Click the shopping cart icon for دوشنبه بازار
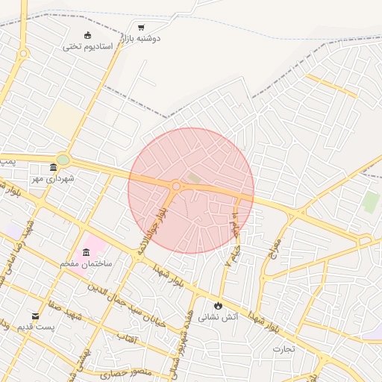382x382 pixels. point(141,28)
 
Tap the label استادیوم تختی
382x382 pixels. point(88,46)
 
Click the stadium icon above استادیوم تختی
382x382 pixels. point(88,35)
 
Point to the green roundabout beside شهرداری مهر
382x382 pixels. point(63,159)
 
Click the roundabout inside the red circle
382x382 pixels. point(176,186)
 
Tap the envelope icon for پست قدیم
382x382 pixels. point(35,316)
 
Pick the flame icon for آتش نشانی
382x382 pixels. point(218,305)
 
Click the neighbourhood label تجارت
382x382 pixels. point(284,348)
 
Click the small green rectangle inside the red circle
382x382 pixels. point(193,178)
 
